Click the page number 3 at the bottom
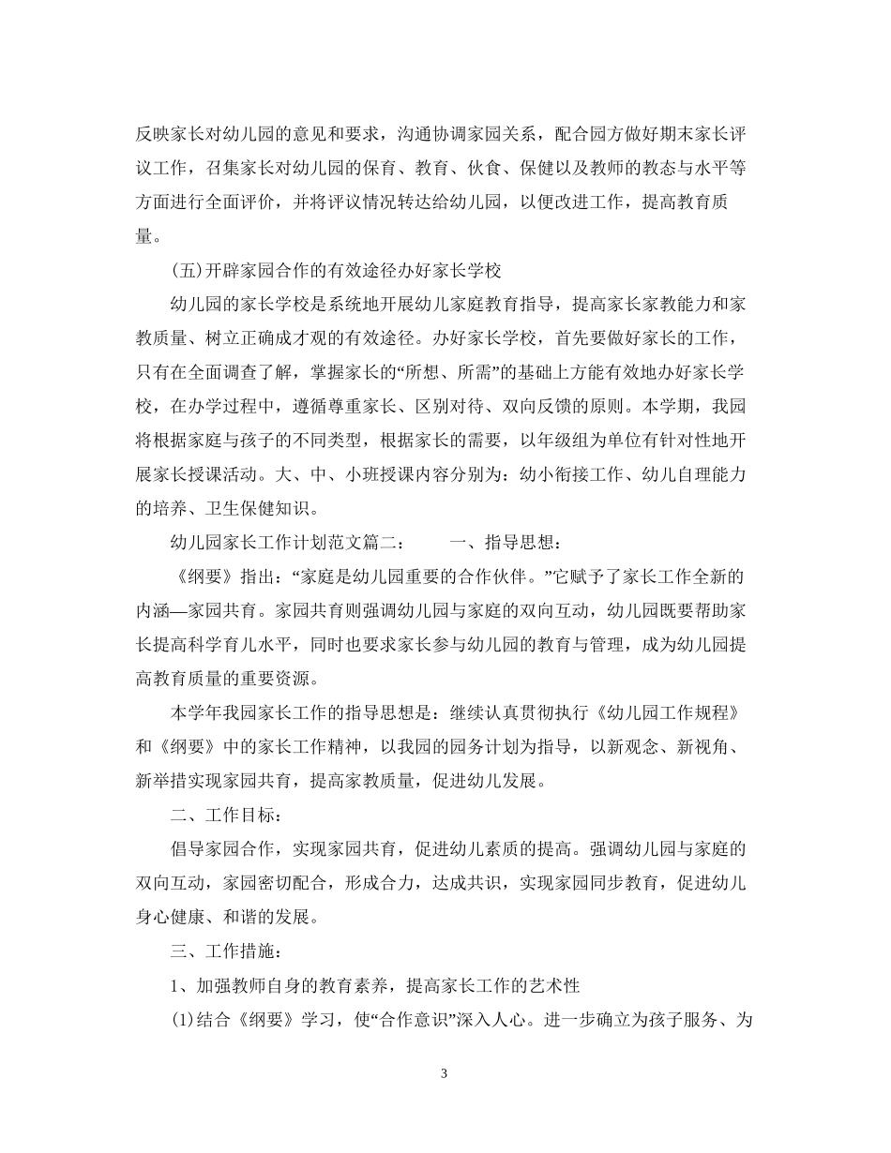click(445, 1074)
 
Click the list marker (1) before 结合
click(182, 1020)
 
